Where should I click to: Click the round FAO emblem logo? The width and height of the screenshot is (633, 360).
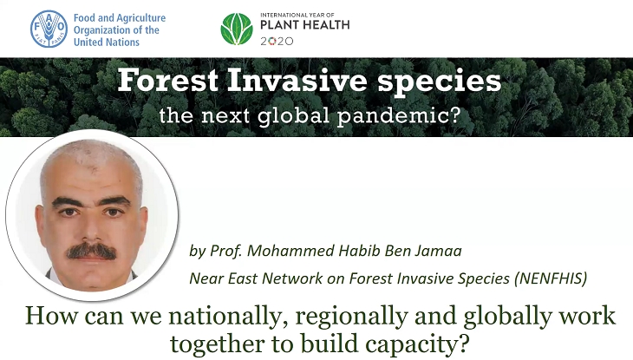click(x=49, y=29)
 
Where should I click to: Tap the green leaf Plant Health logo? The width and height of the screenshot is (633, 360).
click(x=237, y=29)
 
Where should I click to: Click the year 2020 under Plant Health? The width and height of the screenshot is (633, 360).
click(x=277, y=42)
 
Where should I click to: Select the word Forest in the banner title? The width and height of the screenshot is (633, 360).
click(x=168, y=81)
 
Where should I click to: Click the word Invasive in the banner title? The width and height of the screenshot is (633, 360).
click(x=297, y=81)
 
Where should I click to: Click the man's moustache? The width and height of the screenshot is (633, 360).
click(x=91, y=252)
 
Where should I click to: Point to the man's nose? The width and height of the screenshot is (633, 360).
click(x=91, y=227)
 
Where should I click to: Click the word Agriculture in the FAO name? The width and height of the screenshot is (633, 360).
click(x=141, y=18)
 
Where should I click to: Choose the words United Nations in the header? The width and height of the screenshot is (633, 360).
click(x=107, y=42)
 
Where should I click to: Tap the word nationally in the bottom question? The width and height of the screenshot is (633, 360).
click(x=223, y=317)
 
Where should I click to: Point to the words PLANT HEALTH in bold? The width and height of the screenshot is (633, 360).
click(x=304, y=25)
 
